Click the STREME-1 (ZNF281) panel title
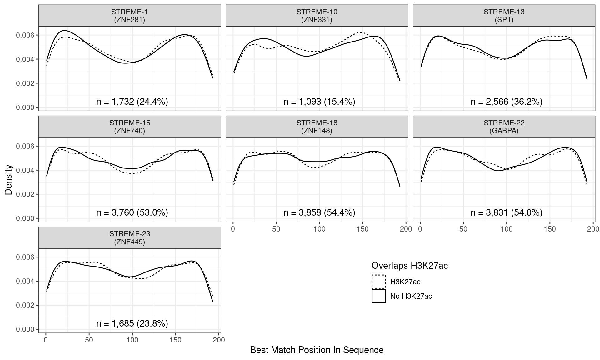pos(129,16)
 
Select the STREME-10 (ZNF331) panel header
pos(317,16)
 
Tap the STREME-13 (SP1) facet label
pos(504,16)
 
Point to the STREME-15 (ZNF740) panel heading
pos(129,127)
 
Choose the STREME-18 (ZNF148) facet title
pos(317,127)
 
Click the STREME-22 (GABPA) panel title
pos(504,127)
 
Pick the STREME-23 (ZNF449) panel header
pos(129,238)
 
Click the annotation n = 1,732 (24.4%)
pos(132,102)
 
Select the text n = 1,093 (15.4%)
pos(319,102)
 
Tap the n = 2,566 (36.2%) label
pos(506,102)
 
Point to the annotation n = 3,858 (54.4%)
pos(319,212)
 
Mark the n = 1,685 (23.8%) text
pos(132,323)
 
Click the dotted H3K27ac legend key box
pos(378,282)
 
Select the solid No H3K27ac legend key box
pos(378,296)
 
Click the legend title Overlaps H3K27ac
pos(409,266)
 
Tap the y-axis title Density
pos(8,180)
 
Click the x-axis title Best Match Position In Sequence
pos(317,350)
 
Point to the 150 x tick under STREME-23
pos(176,340)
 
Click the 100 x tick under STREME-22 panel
pos(507,229)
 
